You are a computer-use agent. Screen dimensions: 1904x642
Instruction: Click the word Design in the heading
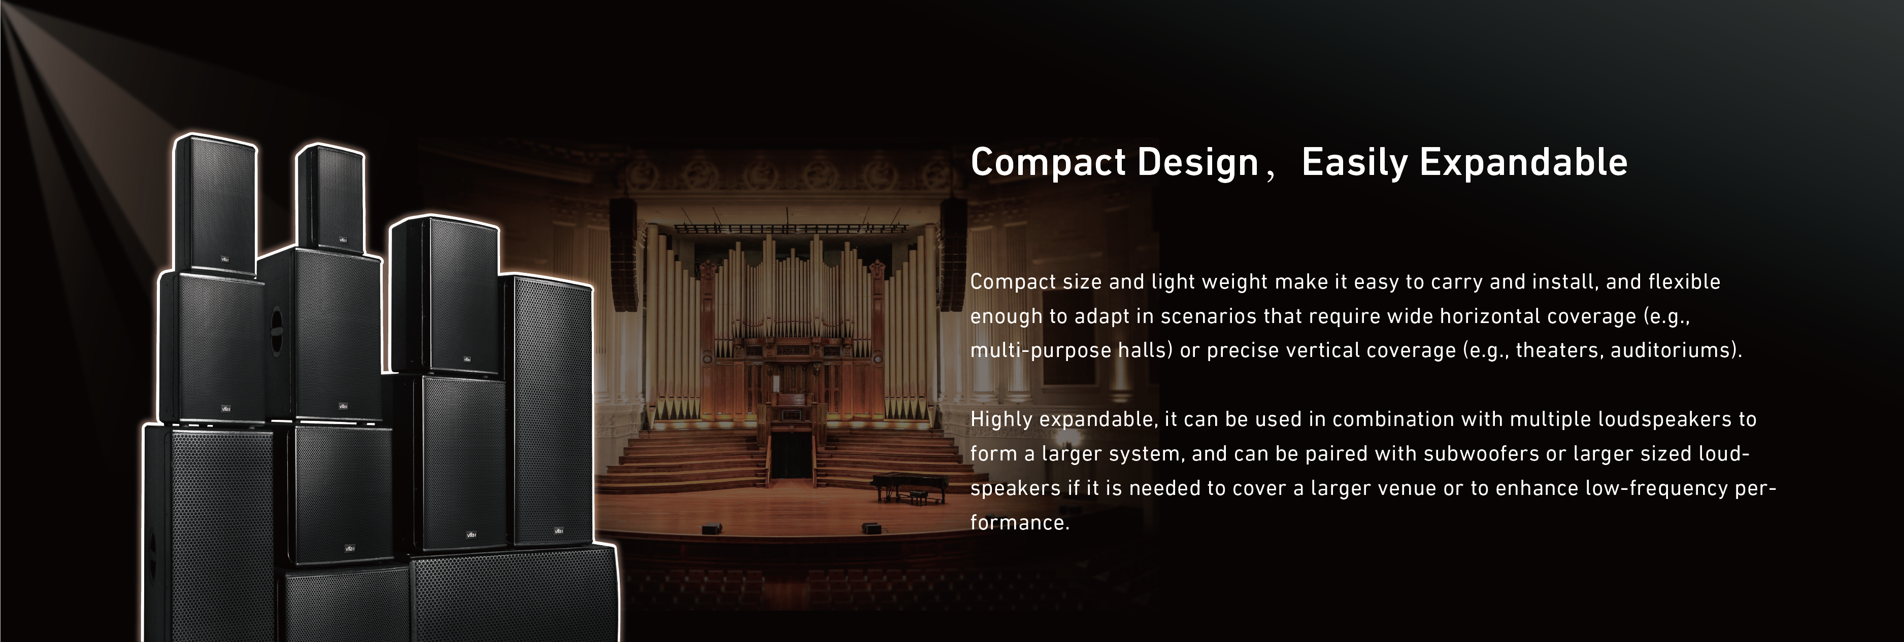[x=1197, y=163]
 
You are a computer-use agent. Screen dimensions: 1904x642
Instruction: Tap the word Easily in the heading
[x=1354, y=163]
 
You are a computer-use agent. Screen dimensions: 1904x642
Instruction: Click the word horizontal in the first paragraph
[x=1489, y=316]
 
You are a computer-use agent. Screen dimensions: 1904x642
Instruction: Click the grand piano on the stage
[x=909, y=488]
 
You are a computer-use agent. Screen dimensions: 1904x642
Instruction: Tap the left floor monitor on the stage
[x=711, y=528]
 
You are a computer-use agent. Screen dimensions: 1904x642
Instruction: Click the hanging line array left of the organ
[x=624, y=255]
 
